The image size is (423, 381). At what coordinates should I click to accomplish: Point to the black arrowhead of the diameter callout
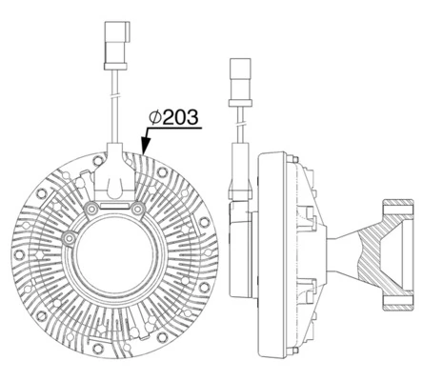[x=142, y=147]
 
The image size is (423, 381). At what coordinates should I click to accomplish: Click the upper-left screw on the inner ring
[x=92, y=207]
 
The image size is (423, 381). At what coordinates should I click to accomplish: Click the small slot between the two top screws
[x=115, y=202]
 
